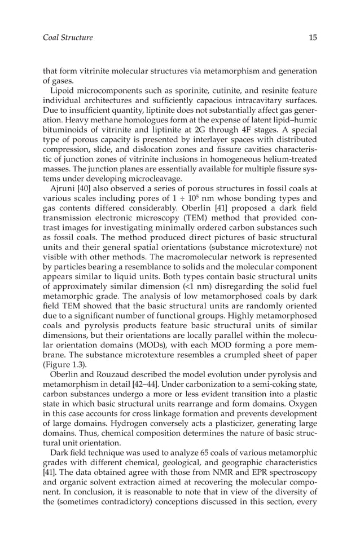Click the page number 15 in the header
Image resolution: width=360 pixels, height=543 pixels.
[x=313, y=38]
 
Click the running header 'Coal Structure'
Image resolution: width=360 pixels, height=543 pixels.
[x=68, y=38]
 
